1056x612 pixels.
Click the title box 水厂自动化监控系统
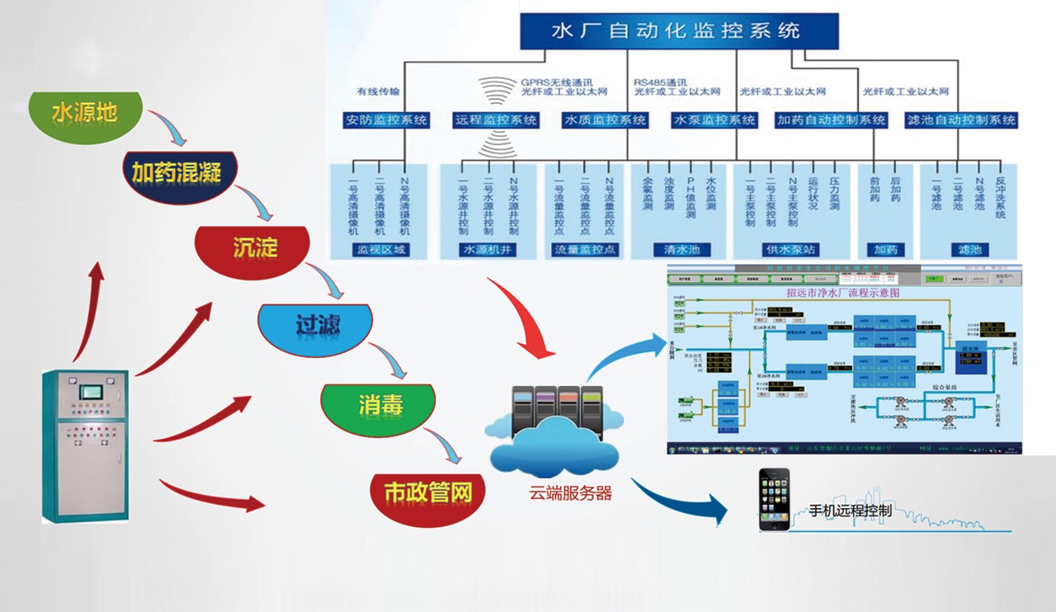coord(679,31)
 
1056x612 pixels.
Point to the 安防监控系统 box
coord(387,120)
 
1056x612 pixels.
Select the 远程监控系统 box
coord(496,120)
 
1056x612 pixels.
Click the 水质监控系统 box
coord(606,120)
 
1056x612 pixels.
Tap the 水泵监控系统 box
coord(714,120)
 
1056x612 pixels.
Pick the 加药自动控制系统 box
coord(832,120)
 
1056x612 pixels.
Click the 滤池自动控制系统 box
coord(961,120)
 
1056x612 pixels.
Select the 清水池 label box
coord(681,249)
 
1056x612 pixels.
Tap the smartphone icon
coord(774,500)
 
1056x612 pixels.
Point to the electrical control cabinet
coord(86,445)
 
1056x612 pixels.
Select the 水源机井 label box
coord(489,249)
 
